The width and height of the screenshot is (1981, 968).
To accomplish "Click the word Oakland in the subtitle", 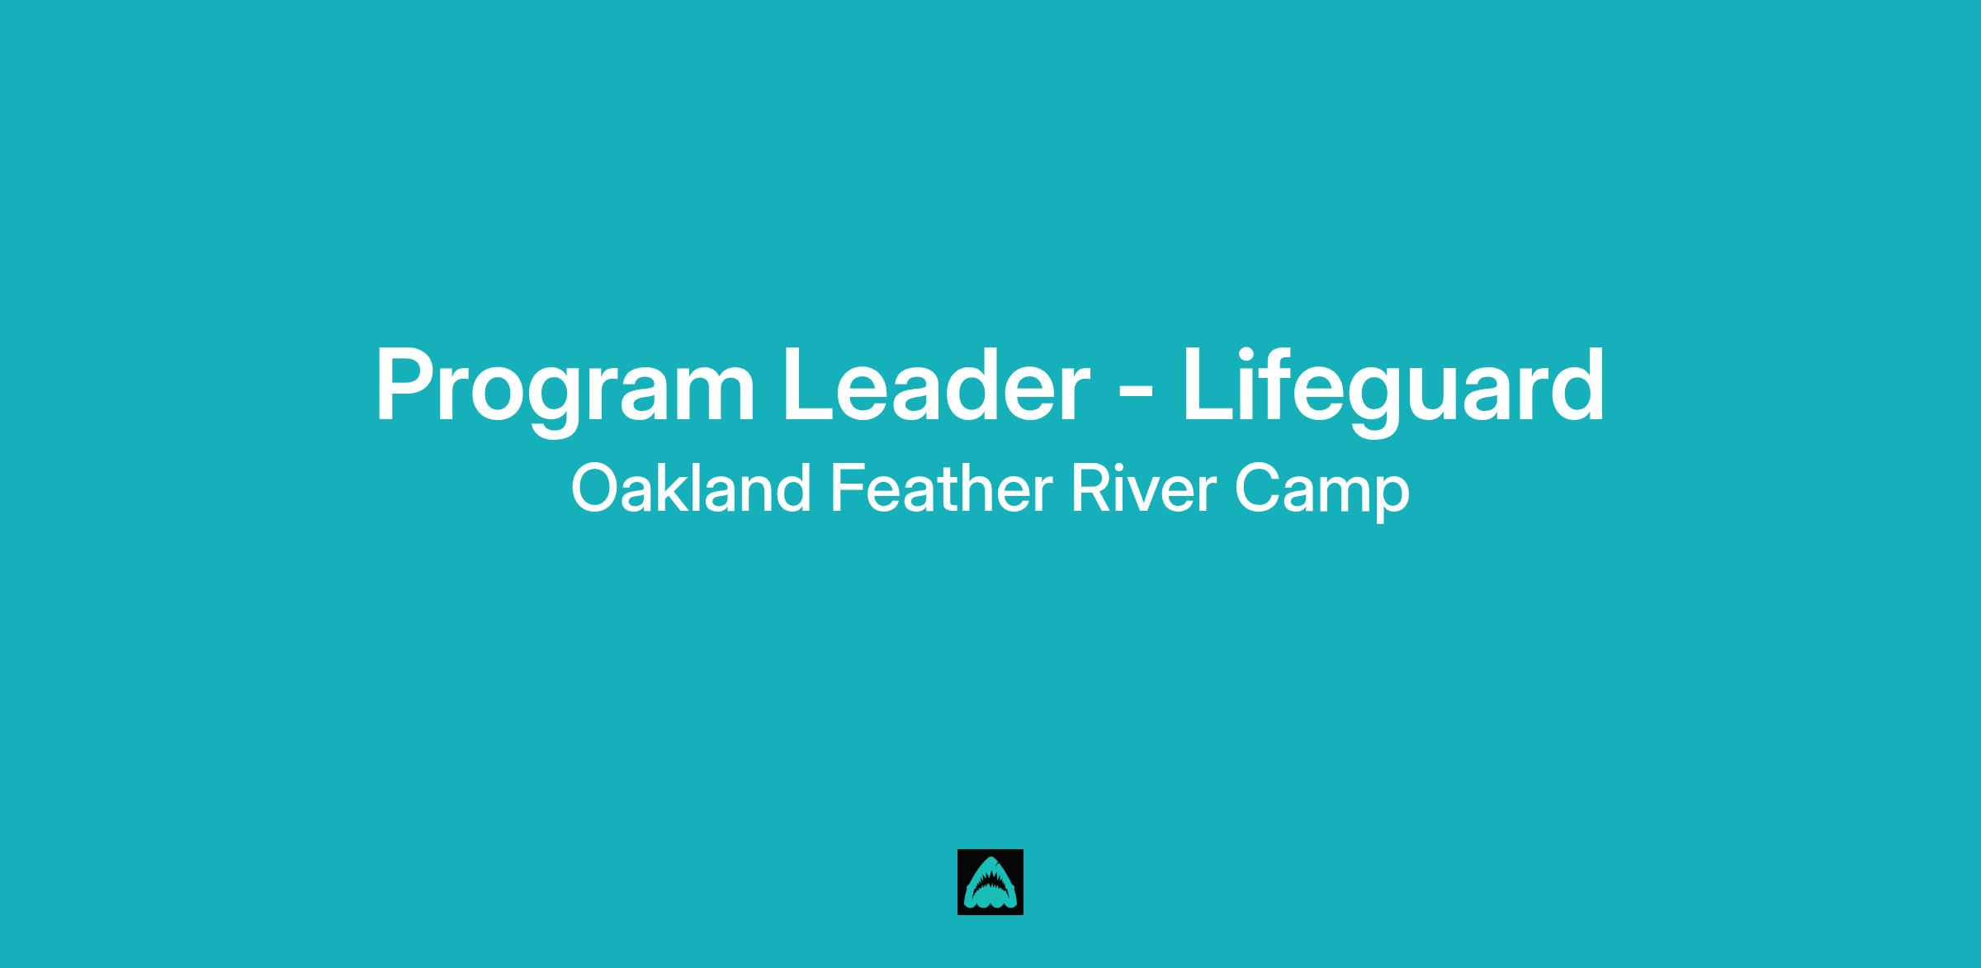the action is click(x=690, y=489).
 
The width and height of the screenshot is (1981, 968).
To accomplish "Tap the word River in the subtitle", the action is click(x=1143, y=489).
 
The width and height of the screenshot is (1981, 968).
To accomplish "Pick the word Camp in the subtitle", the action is click(x=1322, y=493).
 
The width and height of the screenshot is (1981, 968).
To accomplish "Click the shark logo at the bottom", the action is click(x=990, y=882).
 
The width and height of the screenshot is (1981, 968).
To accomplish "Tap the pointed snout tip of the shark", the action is click(x=990, y=858).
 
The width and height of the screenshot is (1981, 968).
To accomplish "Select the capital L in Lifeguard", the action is click(x=1209, y=384).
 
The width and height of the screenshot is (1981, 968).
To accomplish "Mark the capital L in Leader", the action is click(x=809, y=384).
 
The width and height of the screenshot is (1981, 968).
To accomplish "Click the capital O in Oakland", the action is click(x=596, y=489).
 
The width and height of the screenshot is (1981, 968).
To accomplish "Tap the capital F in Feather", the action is click(x=847, y=489).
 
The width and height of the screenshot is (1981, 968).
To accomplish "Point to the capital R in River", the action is click(x=1090, y=489).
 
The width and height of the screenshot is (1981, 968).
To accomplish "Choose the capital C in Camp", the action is click(x=1260, y=489).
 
